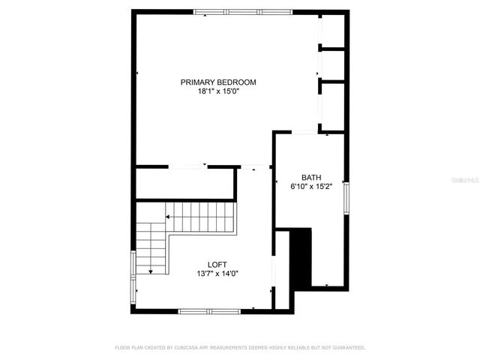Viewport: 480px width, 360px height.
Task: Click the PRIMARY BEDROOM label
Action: click(218, 82)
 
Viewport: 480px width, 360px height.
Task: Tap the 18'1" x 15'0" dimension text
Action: click(218, 91)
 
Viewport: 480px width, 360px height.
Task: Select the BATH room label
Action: click(310, 178)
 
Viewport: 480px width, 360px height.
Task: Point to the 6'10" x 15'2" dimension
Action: click(310, 187)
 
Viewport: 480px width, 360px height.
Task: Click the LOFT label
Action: click(217, 265)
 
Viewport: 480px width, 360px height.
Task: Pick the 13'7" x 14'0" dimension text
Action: click(217, 274)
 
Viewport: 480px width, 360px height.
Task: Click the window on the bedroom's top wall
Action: click(243, 12)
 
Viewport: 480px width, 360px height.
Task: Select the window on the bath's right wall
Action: click(346, 197)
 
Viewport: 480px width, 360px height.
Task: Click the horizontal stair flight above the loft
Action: click(201, 217)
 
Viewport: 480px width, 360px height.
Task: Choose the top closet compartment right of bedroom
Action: click(333, 31)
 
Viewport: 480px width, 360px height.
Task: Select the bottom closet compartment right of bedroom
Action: click(333, 106)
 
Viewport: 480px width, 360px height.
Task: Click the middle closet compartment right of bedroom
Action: click(333, 64)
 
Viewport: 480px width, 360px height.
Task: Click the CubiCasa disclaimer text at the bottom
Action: click(240, 348)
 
